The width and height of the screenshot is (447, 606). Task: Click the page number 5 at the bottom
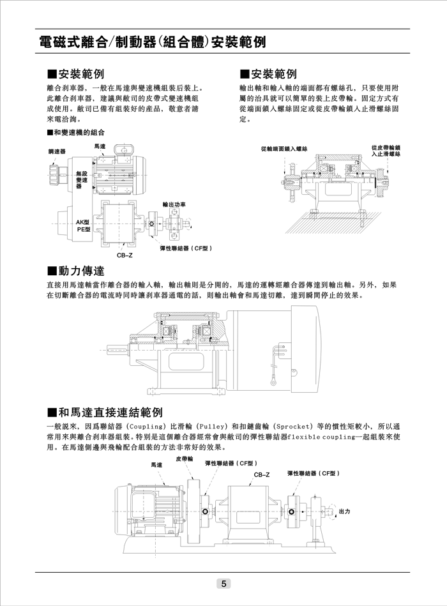tap(223, 583)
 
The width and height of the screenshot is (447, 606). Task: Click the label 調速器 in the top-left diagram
tap(57, 152)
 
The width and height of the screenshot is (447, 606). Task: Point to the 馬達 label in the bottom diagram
tap(157, 466)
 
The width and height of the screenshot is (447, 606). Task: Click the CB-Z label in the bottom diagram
tap(262, 475)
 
